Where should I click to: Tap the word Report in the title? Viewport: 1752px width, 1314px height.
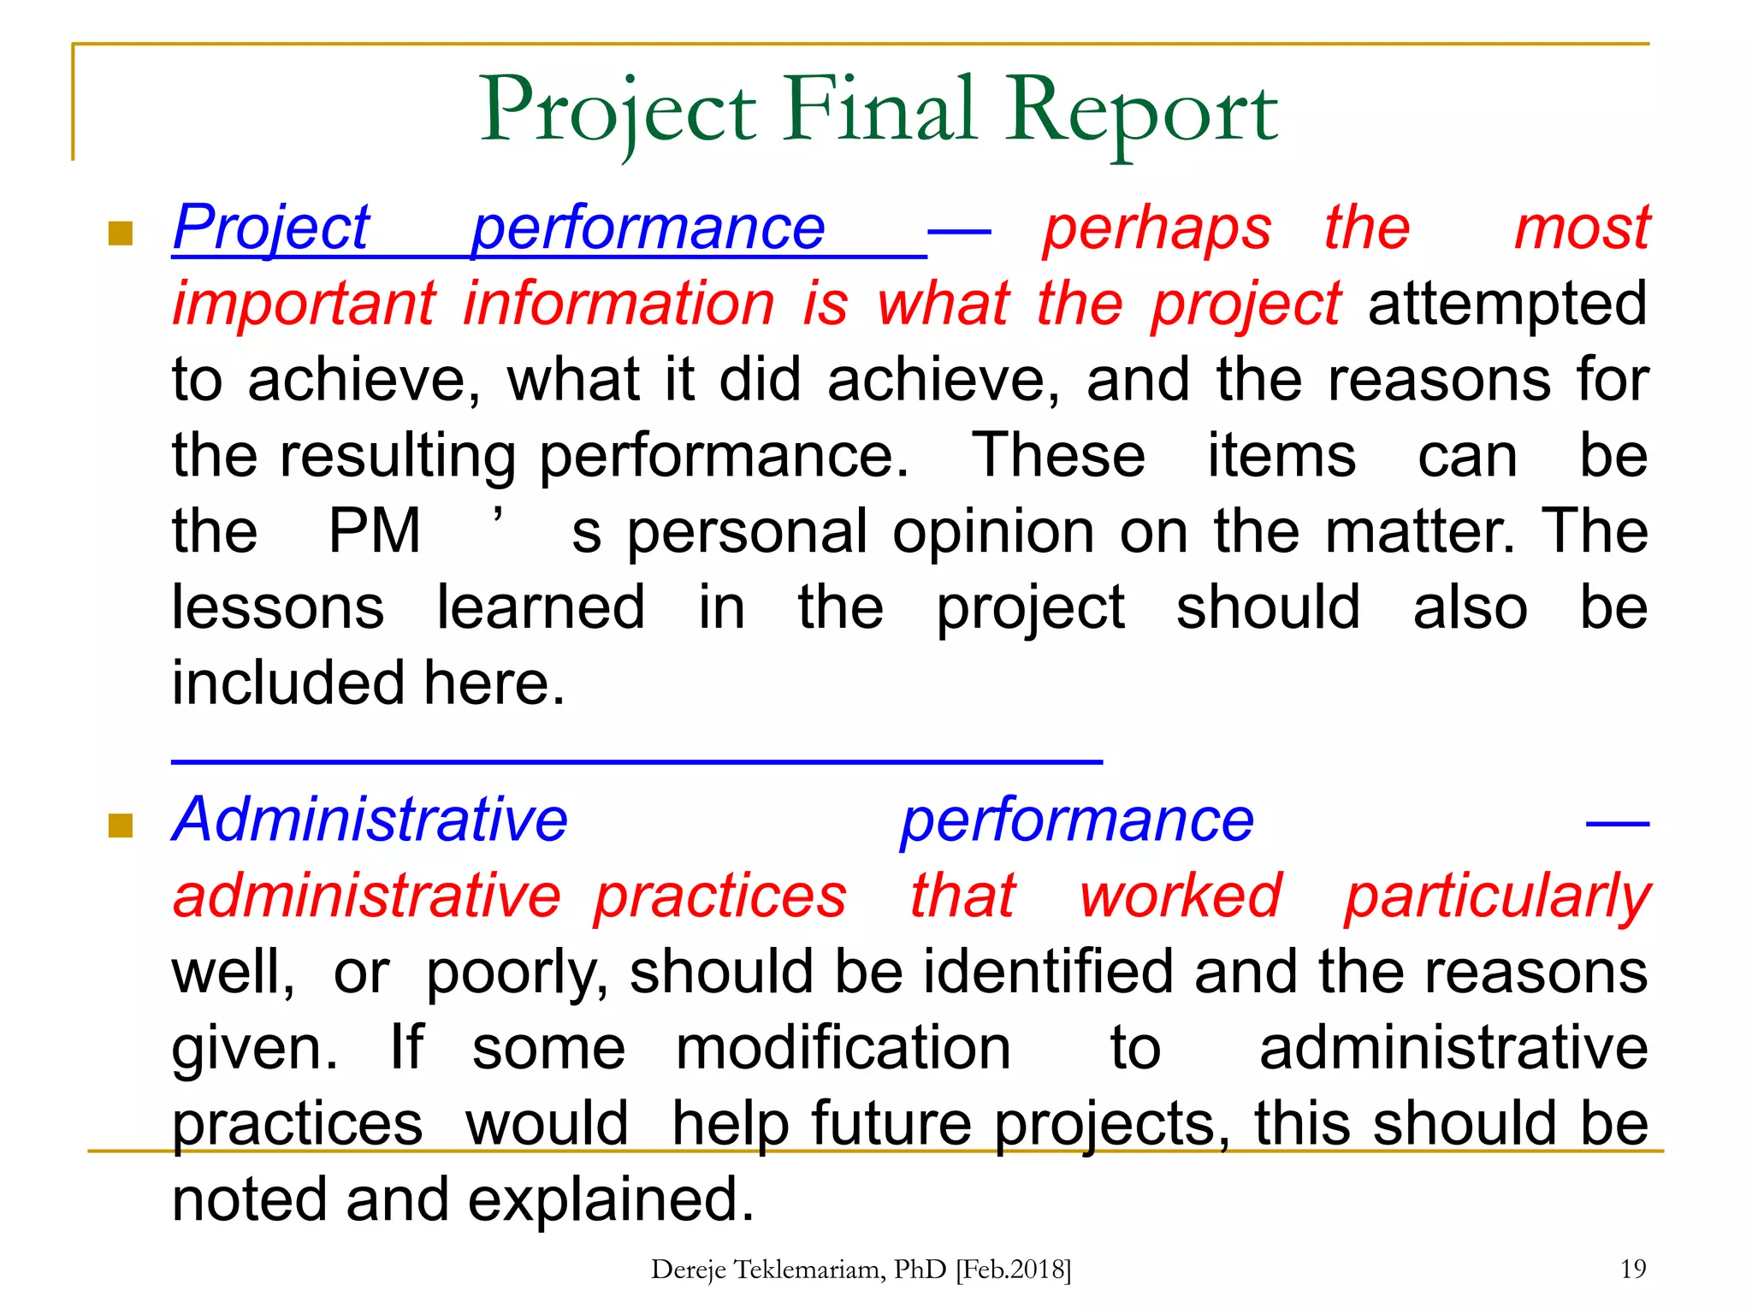pyautogui.click(x=1141, y=111)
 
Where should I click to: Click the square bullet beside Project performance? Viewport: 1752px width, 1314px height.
pyautogui.click(x=121, y=234)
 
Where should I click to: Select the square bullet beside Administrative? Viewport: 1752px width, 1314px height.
pyautogui.click(x=121, y=826)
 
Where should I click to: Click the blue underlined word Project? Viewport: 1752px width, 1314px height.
pyautogui.click(x=271, y=228)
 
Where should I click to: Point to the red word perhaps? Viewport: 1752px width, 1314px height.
pyautogui.click(x=1157, y=228)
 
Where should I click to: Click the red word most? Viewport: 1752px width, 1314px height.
pyautogui.click(x=1581, y=228)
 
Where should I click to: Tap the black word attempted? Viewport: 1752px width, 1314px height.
pyautogui.click(x=1507, y=304)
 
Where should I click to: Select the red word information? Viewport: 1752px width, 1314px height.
pyautogui.click(x=619, y=304)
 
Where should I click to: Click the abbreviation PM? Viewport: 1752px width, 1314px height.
pyautogui.click(x=375, y=531)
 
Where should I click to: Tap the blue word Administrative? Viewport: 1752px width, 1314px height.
pyautogui.click(x=370, y=820)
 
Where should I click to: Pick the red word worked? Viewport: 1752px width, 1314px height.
pyautogui.click(x=1180, y=896)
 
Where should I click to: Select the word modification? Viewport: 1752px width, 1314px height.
pyautogui.click(x=843, y=1048)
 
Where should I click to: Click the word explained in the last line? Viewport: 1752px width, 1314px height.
pyautogui.click(x=609, y=1200)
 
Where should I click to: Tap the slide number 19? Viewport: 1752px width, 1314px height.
pyautogui.click(x=1632, y=1269)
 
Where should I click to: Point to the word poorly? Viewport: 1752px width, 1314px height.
pyautogui.click(x=516, y=974)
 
